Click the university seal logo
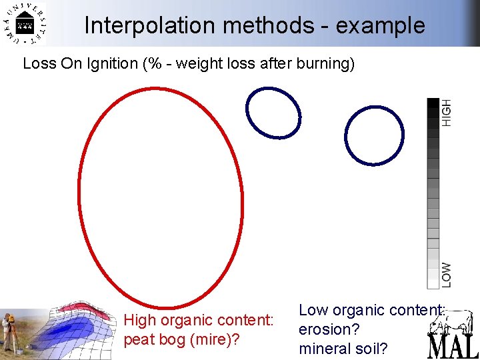click(x=25, y=25)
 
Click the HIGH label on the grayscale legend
click(x=446, y=112)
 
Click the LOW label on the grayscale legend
click(x=446, y=274)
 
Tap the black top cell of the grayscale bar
click(x=433, y=103)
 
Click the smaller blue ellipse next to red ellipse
click(x=273, y=113)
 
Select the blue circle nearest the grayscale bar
click(x=374, y=135)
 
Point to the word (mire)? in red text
click(x=215, y=339)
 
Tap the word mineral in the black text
click(x=324, y=348)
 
